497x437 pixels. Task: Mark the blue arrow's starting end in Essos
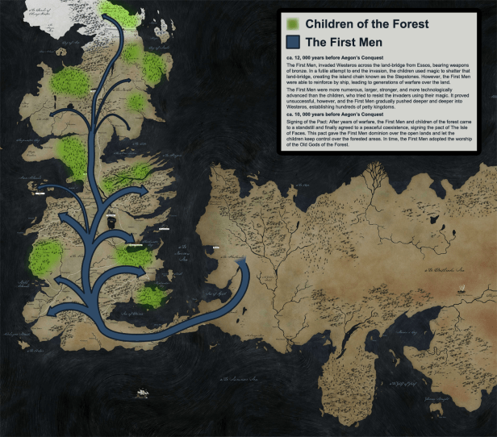[x=240, y=269]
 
